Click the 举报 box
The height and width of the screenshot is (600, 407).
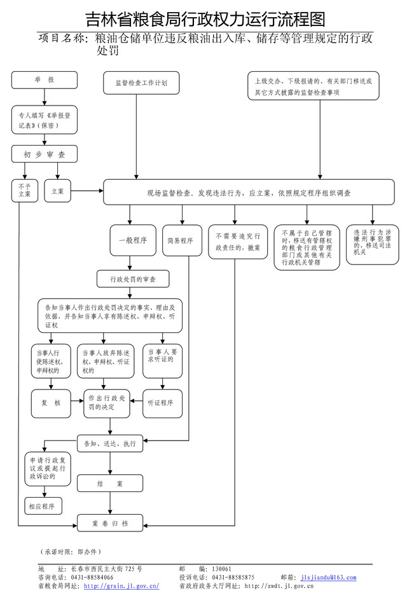45,79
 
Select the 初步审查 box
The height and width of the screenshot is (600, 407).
45,154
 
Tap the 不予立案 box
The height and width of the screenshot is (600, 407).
24,191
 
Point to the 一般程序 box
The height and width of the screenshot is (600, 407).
133,240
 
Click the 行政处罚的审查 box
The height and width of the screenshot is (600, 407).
133,278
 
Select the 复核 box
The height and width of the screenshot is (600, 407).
50,402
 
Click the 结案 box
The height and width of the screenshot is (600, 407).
110,484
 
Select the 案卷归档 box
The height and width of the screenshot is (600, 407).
110,524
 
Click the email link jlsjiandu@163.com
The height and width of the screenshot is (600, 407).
328,577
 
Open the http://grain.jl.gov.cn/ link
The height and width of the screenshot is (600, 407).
121,585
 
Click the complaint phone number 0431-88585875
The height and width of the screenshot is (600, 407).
233,577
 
